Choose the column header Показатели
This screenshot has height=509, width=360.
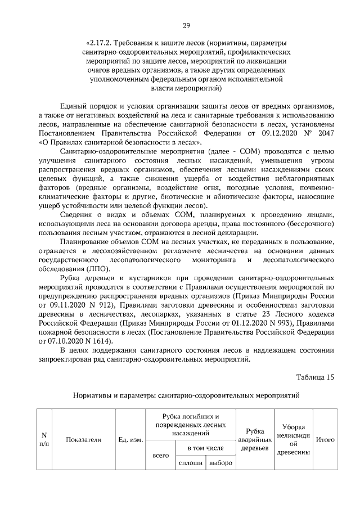point(83,439)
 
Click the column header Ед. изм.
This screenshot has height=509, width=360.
point(130,439)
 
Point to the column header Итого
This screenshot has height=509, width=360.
point(326,439)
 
